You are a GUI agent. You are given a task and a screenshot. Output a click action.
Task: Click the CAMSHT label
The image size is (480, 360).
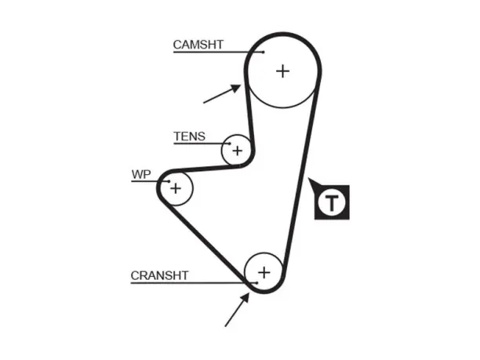[x=198, y=45]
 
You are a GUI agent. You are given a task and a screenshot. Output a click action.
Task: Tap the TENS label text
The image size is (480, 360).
[x=189, y=136]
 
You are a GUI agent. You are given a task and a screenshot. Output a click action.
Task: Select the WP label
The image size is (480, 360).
[x=141, y=174]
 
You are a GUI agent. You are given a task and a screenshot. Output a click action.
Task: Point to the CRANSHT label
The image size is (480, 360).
[x=159, y=275]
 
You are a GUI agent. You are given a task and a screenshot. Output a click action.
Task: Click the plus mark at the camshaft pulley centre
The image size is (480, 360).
[x=282, y=71]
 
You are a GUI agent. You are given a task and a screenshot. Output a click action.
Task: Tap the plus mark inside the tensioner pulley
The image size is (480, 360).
[x=237, y=151]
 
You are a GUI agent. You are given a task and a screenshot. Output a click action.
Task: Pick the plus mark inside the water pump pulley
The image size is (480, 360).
[x=176, y=188]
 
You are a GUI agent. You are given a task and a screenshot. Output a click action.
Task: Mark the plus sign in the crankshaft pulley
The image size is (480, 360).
[x=264, y=272]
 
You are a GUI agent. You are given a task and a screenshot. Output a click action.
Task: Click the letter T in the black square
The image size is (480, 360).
[x=332, y=202]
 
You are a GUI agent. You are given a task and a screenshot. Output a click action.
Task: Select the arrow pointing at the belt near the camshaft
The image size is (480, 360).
[x=222, y=93]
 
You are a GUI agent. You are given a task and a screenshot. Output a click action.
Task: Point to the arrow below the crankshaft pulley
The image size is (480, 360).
[x=237, y=310]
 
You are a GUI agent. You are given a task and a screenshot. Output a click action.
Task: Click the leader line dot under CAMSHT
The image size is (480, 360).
[x=264, y=52]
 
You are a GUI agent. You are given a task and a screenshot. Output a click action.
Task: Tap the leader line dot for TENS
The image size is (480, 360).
[x=230, y=144]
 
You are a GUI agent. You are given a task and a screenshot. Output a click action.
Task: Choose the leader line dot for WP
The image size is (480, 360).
[x=169, y=181]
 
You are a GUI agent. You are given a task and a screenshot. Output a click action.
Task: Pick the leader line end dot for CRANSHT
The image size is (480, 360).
[x=256, y=283]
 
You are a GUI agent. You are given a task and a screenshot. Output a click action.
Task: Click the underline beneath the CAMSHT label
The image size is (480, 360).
[x=218, y=52]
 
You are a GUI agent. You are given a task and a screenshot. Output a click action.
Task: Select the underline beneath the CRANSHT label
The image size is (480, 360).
[x=194, y=283]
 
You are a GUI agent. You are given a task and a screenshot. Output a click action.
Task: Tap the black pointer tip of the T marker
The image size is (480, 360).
[x=308, y=178]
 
